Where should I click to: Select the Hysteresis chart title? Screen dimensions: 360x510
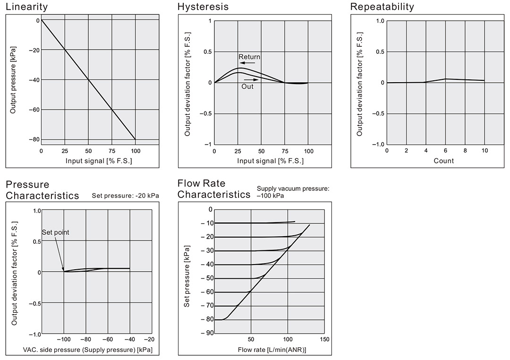coord(203,7)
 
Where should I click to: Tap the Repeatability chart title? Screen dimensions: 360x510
coord(382,7)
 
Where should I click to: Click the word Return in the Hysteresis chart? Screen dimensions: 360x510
coord(249,57)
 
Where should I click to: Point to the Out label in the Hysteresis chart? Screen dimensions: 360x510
coord(247,86)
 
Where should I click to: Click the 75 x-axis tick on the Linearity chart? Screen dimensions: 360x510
coord(112,151)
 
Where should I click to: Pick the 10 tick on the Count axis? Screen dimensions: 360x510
coord(484,151)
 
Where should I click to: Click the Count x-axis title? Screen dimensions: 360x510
coord(443,161)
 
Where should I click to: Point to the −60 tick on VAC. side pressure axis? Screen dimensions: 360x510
coord(108,339)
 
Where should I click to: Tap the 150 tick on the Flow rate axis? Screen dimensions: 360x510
coord(324,339)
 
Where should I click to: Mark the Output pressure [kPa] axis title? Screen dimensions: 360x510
coord(13,81)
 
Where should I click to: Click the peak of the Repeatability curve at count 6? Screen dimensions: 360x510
coord(445,79)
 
